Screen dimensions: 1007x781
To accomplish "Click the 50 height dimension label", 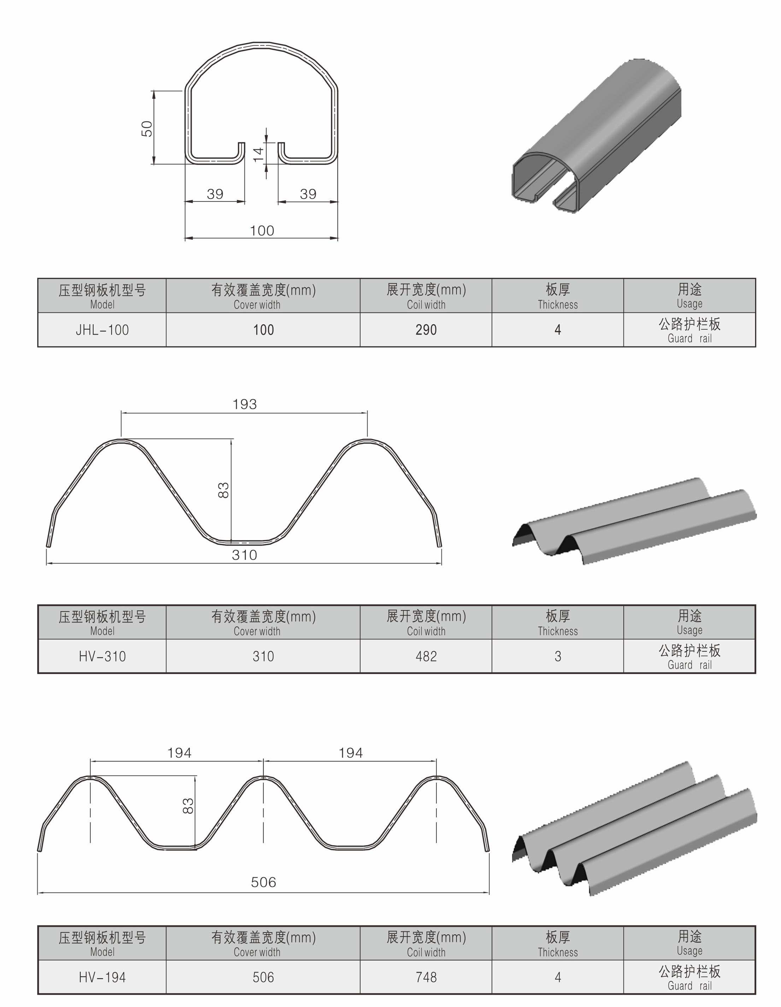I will coord(147,128).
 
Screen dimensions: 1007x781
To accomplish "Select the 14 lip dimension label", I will coord(259,154).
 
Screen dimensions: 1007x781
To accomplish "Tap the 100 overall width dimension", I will coord(262,230).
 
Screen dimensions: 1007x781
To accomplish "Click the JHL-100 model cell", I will coord(102,330).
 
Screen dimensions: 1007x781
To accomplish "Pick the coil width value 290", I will coord(425,330).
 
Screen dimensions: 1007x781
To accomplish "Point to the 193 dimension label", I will coord(244,404).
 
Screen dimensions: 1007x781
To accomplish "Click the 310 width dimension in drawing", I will coord(244,555).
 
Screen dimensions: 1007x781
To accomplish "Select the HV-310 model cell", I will coord(102,656).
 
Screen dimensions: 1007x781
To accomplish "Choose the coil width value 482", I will coord(425,656).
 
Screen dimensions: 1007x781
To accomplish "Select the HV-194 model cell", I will coord(102,977).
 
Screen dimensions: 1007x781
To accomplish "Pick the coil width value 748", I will coord(425,977).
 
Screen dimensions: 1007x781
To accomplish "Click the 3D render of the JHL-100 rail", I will coord(597,138).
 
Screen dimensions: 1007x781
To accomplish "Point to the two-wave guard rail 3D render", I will coord(634,521).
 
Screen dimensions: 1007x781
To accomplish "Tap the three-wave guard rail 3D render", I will coord(634,830).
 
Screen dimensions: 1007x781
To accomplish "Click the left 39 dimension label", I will coord(215,194).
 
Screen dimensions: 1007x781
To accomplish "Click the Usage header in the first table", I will coord(689,295).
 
